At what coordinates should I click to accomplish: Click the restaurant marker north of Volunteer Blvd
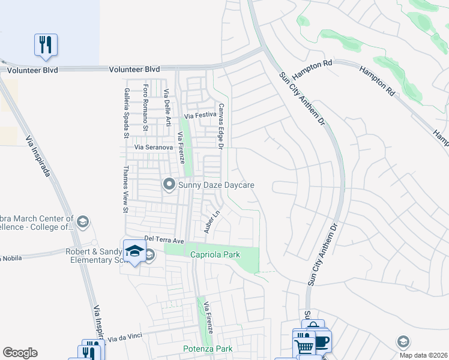coord(46,45)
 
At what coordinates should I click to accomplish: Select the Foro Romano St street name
coord(145,107)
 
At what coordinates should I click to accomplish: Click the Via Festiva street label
coord(200,115)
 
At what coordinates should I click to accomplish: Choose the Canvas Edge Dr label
coord(221,127)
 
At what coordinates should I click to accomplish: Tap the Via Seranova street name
coord(154,147)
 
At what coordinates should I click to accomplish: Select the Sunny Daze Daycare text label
coord(216,185)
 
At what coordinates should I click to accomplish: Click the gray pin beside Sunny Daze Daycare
coord(169,185)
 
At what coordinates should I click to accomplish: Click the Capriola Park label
coord(215,254)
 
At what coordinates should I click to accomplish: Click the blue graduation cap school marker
coord(134,250)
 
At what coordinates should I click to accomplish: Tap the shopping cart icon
coord(305,346)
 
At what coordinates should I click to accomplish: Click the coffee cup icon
coord(321,341)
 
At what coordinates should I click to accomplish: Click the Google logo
coord(20,353)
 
